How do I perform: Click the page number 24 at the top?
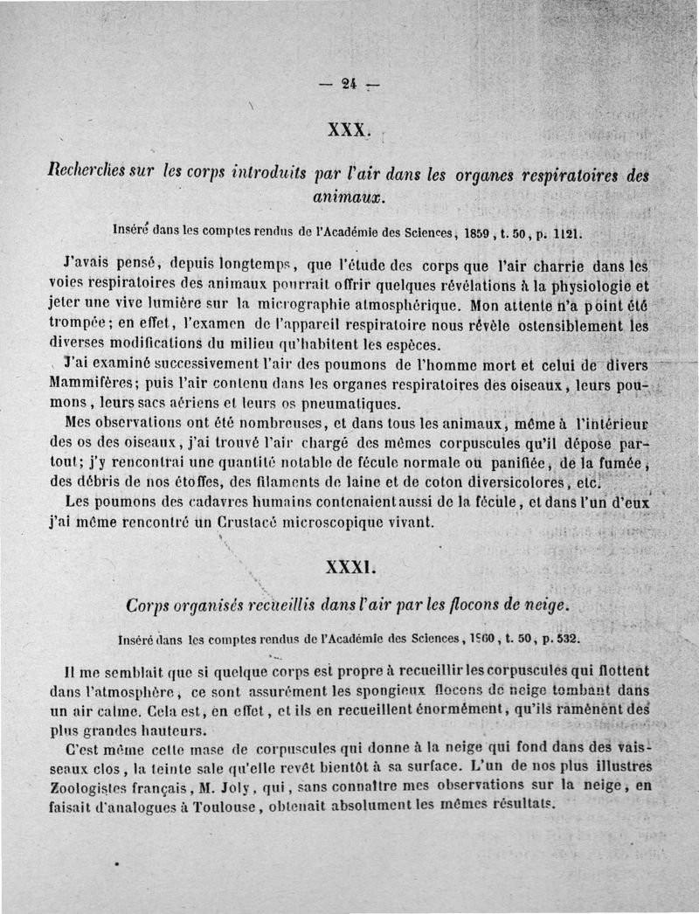pos(349,85)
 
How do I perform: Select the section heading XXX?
pos(349,131)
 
